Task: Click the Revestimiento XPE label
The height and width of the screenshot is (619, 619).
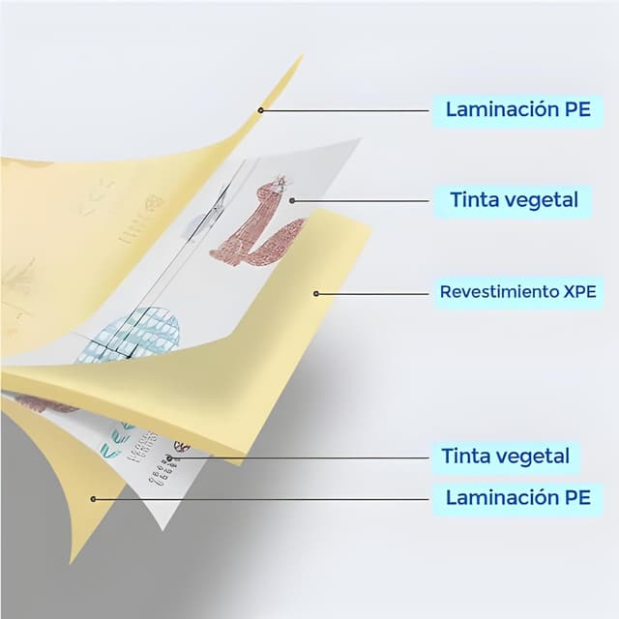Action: click(518, 292)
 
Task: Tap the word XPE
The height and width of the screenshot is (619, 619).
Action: click(579, 292)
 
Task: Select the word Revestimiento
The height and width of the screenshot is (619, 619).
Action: click(499, 292)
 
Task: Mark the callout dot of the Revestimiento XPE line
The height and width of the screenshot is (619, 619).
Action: click(316, 294)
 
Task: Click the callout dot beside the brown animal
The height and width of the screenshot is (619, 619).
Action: click(292, 201)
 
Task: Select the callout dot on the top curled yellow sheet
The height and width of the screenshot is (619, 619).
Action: click(260, 110)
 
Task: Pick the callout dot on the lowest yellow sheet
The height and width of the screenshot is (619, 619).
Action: click(94, 499)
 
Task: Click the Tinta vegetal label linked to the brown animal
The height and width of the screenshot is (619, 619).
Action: click(514, 200)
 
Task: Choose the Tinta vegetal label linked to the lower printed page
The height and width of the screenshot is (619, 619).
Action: click(505, 457)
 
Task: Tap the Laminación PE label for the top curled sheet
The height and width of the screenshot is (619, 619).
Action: click(518, 109)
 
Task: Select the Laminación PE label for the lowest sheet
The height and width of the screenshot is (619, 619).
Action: click(518, 497)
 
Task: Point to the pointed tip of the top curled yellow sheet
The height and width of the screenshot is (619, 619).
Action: click(303, 55)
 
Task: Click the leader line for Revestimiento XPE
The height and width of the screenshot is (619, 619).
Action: click(372, 294)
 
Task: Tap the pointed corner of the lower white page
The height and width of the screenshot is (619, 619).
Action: click(162, 530)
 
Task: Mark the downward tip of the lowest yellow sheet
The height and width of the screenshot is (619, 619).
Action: click(71, 563)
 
